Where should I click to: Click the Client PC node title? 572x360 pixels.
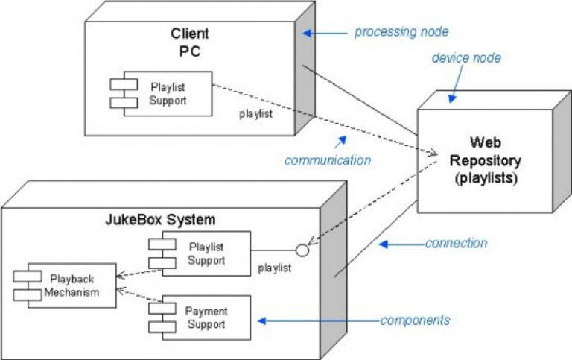click(190, 42)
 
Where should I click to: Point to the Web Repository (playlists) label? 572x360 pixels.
click(485, 160)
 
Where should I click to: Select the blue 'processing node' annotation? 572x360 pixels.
click(401, 31)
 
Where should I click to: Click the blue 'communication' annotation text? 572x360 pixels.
click(327, 160)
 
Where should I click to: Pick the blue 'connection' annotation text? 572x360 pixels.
click(456, 243)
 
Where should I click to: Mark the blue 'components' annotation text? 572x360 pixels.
click(415, 320)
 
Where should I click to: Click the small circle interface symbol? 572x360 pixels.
click(302, 249)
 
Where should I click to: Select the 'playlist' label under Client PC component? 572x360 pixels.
click(255, 114)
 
